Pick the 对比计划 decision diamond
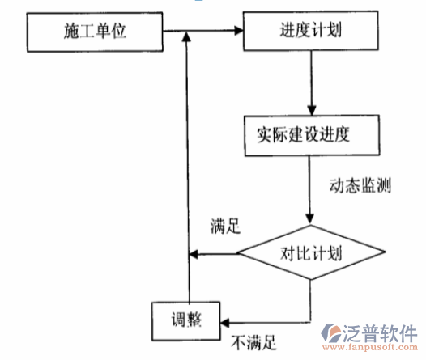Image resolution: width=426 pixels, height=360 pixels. click(312, 252)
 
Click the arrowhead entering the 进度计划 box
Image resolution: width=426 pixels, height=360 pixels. click(239, 32)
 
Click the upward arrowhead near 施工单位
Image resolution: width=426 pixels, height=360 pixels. click(187, 37)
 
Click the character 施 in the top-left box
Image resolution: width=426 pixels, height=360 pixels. click(69, 32)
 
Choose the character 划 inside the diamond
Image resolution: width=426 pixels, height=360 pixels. click(334, 252)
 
